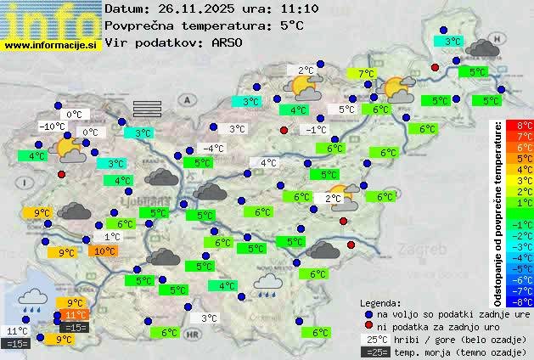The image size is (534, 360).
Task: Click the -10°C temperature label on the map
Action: point(53,127)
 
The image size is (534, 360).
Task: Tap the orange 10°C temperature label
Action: point(104,251)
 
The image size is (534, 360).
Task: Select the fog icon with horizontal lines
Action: point(147,106)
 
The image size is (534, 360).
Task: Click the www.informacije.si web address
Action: point(51,44)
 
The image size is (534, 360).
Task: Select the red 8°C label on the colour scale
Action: point(525,126)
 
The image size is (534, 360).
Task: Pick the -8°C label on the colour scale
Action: point(524,301)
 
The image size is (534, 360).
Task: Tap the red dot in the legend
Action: point(368,326)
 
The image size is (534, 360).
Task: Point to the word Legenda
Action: point(380,302)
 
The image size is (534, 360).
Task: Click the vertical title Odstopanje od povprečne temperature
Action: point(498,213)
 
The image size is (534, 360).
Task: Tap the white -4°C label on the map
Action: point(213,149)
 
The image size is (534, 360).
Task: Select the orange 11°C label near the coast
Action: point(76,315)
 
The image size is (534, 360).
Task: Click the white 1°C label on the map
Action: point(112,237)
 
